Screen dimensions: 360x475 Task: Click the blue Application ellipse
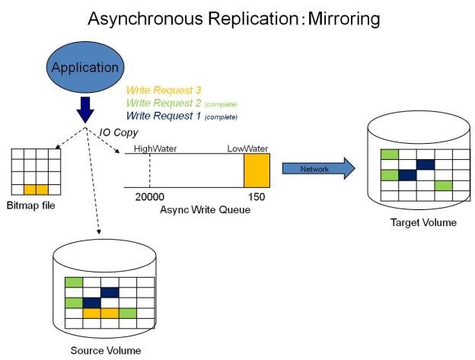coord(84,67)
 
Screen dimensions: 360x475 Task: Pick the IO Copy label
coord(120,132)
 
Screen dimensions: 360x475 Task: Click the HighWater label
coord(155,148)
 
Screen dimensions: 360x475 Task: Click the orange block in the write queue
coord(257,170)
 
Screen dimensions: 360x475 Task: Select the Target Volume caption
coord(423,222)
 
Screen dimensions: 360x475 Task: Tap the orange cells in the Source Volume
coord(101,313)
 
